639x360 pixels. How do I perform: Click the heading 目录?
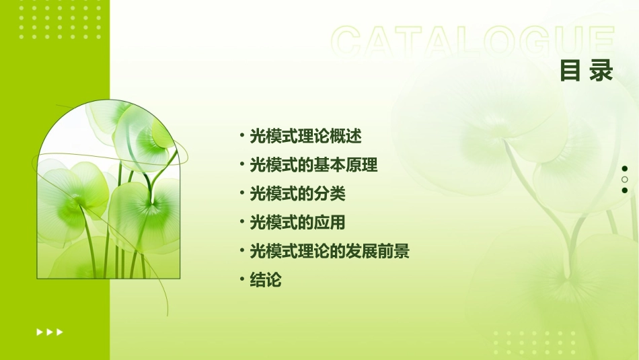pos(587,70)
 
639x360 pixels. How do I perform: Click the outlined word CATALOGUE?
pos(473,42)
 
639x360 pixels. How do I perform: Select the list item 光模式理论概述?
pos(305,136)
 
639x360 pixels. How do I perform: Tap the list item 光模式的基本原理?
pos(313,165)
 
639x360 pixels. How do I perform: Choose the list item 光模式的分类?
pos(297,194)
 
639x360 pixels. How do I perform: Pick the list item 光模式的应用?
pos(297,222)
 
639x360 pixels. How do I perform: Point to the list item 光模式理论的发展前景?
pos(330,252)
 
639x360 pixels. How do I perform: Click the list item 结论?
pos(265,280)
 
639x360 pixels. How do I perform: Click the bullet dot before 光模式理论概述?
pos(241,136)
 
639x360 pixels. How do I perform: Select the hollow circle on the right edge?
pos(625,179)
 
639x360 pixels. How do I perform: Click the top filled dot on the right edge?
pos(625,168)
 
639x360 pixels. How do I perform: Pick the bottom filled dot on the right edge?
pos(625,190)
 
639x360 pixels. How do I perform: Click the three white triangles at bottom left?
pos(50,332)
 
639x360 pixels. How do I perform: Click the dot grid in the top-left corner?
pos(61,19)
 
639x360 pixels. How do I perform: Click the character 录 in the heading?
pos(601,70)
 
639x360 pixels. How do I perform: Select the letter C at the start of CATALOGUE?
pos(350,42)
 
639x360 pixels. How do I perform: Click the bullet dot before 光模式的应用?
pos(241,222)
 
